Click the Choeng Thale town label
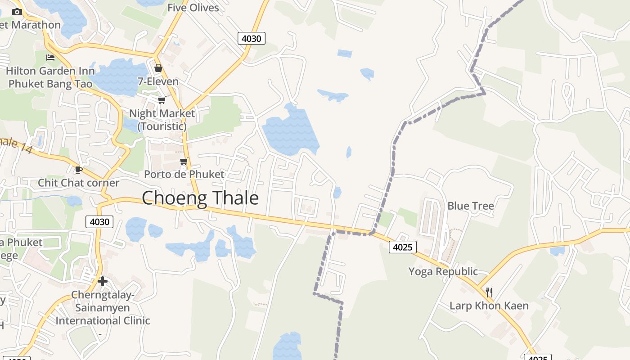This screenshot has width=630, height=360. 200,198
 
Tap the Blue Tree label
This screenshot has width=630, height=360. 470,206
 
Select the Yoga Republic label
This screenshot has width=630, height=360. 443,271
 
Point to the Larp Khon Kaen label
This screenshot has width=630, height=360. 489,306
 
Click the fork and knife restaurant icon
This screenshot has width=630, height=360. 489,292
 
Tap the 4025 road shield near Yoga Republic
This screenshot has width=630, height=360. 403,247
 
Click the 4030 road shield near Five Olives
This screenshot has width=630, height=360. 251,38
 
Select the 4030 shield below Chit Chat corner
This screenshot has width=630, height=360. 99,221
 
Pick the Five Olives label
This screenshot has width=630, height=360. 193,8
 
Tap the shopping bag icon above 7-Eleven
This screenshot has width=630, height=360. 158,68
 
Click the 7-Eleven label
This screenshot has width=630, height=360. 158,81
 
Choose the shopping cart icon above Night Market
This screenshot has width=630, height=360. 162,100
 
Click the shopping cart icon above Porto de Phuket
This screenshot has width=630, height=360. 183,161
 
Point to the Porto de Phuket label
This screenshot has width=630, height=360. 184,174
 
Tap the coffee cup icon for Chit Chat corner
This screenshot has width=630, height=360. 79,170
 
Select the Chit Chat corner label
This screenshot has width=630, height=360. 78,183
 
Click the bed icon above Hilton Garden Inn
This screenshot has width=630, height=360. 50,58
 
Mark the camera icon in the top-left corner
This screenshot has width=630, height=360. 17,12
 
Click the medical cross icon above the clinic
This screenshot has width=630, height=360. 103,281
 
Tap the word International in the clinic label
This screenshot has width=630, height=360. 84,321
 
